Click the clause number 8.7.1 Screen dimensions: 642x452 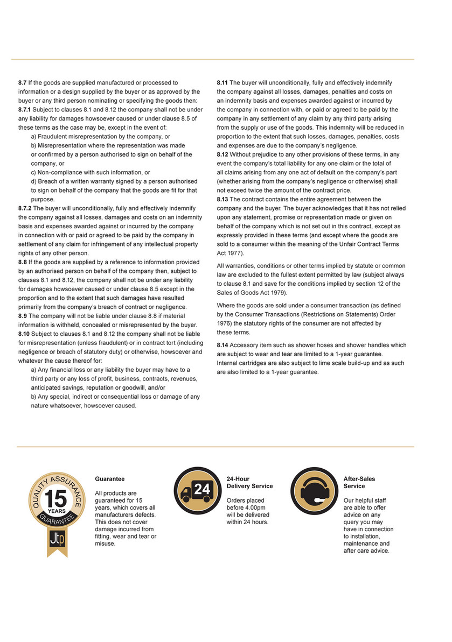click(x=26, y=110)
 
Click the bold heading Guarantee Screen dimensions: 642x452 click(x=109, y=479)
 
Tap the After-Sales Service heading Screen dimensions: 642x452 click(x=359, y=482)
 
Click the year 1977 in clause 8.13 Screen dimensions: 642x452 click(x=237, y=253)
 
